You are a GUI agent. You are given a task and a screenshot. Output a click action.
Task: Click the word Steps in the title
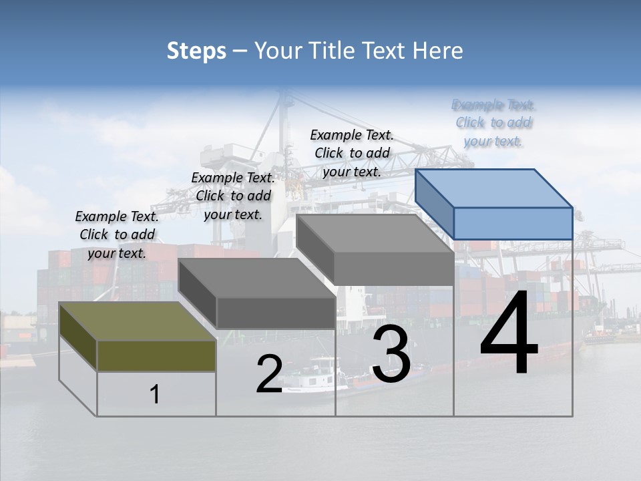click(x=196, y=51)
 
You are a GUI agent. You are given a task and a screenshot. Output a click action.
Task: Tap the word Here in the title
click(x=437, y=51)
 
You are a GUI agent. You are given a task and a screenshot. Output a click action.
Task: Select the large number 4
click(x=509, y=333)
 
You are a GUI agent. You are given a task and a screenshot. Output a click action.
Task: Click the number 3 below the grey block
click(x=391, y=354)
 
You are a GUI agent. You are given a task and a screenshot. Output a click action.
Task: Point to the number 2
click(x=269, y=374)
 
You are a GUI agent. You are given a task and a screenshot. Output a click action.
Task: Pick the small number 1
click(x=155, y=394)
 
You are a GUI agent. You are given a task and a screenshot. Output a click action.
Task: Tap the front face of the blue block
click(x=513, y=223)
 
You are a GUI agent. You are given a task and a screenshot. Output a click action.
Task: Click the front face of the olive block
click(x=156, y=355)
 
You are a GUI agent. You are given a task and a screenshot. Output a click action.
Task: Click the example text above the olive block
click(x=117, y=234)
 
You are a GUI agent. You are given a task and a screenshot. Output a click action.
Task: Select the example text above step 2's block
click(x=233, y=196)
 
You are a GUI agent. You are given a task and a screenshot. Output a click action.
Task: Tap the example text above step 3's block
click(x=352, y=153)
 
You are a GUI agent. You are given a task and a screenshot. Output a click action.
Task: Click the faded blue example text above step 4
click(x=493, y=122)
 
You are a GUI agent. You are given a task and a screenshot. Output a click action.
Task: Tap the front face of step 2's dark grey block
click(x=276, y=313)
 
